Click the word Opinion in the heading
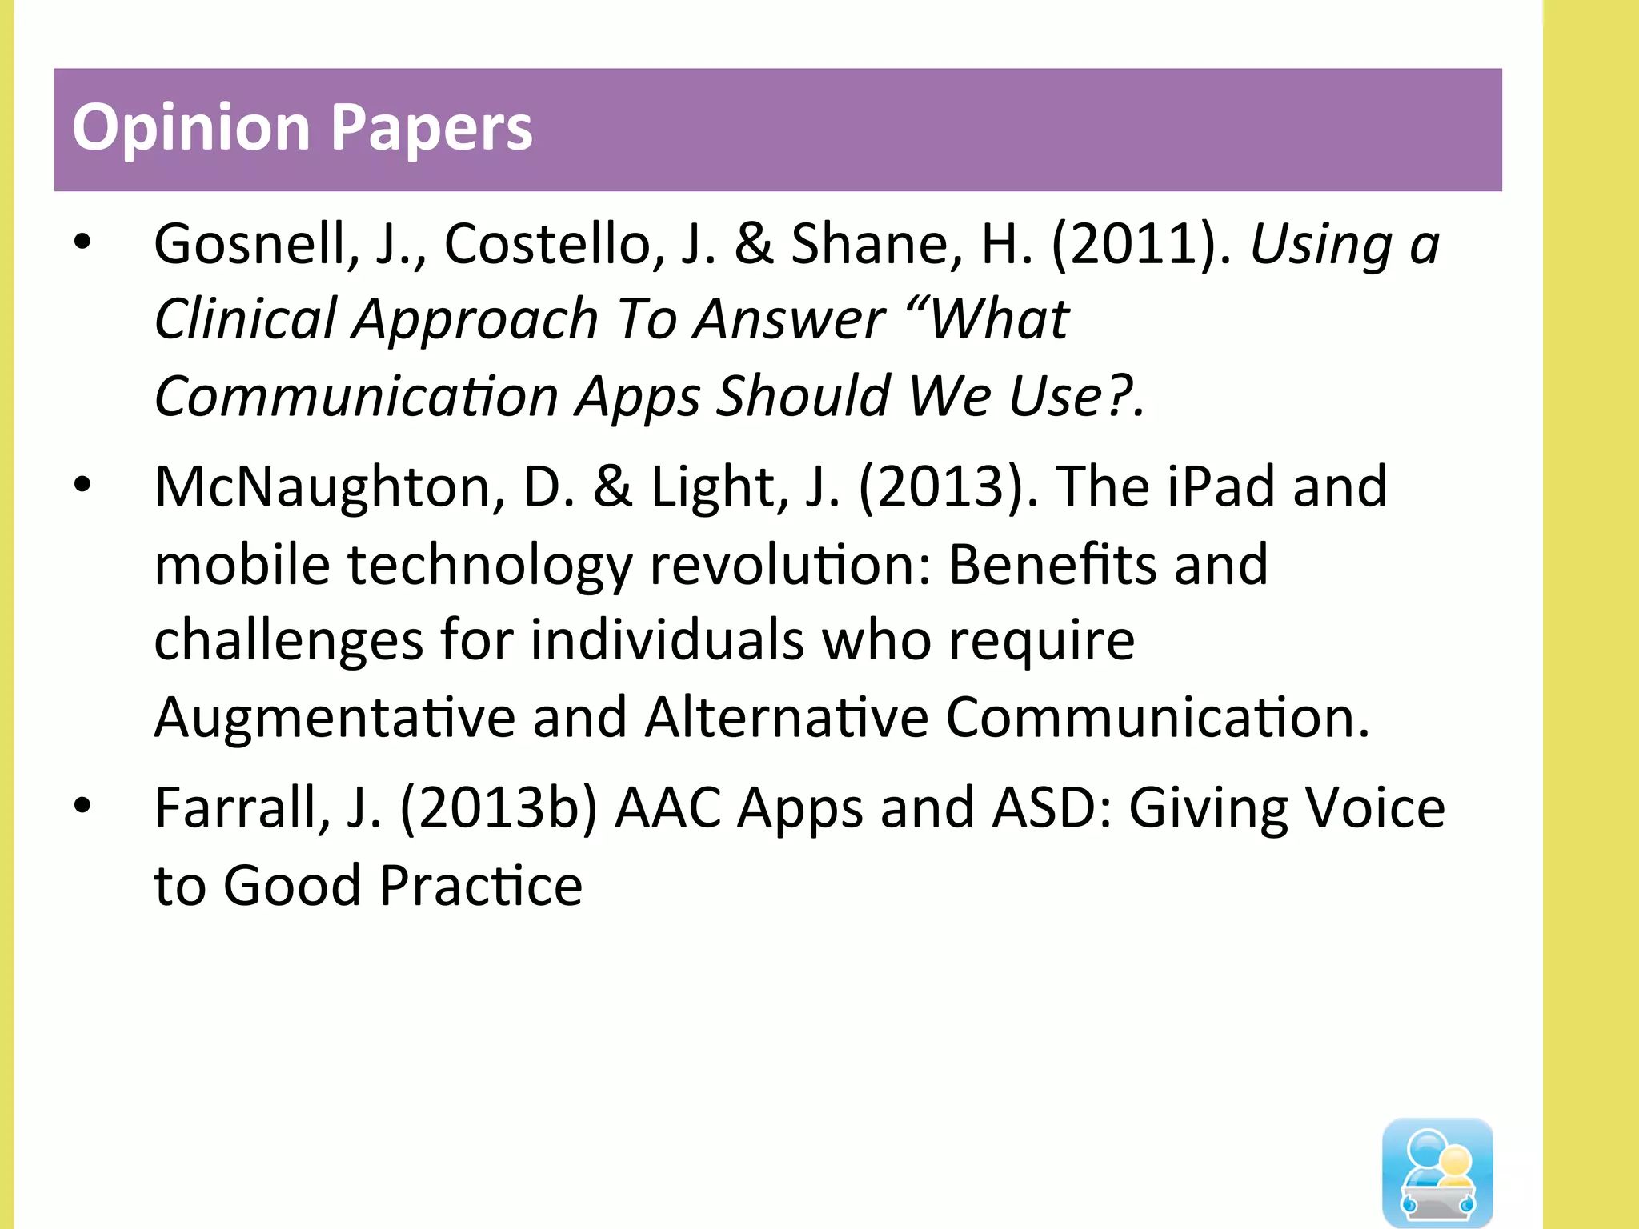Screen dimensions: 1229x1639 click(190, 128)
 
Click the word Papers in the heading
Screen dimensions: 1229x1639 click(431, 128)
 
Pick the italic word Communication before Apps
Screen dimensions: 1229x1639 click(356, 397)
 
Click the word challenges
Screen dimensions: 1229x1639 click(288, 641)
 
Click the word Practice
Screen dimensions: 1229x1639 click(481, 886)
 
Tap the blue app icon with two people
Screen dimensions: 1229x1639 click(1437, 1171)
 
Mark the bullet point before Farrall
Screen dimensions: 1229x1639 click(82, 806)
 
